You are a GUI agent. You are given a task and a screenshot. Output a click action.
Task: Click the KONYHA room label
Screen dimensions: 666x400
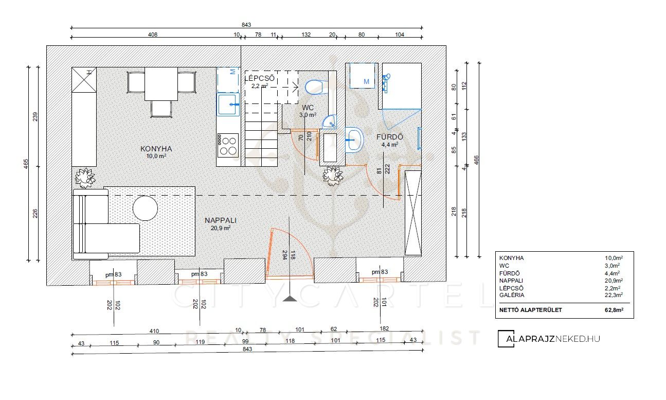(x=156, y=149)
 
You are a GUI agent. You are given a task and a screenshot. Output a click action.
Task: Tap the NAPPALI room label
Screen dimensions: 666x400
(x=221, y=220)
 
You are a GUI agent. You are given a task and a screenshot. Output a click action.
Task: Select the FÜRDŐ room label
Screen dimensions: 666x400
(x=390, y=137)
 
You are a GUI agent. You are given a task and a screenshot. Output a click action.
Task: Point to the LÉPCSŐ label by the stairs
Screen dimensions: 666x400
(x=260, y=79)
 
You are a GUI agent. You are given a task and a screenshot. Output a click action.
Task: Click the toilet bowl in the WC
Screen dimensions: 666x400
(x=314, y=87)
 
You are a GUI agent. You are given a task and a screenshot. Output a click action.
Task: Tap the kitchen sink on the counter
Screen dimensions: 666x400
(x=228, y=105)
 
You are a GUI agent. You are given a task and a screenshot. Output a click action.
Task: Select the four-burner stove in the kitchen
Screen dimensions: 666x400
(x=228, y=145)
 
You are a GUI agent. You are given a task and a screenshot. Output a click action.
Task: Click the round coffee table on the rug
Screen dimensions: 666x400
(x=145, y=208)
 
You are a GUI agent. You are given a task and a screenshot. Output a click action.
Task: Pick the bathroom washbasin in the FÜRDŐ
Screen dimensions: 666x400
(x=354, y=140)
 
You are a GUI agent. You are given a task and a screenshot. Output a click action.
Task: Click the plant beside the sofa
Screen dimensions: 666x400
(x=85, y=178)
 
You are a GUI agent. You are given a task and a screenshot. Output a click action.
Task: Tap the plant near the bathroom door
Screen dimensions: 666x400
(x=333, y=176)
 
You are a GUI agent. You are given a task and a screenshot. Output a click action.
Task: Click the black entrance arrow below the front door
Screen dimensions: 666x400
(x=290, y=299)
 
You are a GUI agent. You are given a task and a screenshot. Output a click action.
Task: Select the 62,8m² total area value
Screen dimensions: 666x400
(x=614, y=310)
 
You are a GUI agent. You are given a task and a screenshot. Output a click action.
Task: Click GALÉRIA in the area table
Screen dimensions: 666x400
(x=512, y=295)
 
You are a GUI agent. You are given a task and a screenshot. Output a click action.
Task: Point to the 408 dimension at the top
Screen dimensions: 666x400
(x=153, y=34)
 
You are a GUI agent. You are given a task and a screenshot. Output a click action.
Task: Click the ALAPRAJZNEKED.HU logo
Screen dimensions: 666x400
(x=549, y=339)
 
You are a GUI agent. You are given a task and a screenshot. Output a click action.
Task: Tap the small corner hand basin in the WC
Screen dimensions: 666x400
(x=330, y=121)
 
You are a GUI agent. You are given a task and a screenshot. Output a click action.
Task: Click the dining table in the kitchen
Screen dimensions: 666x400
(x=161, y=84)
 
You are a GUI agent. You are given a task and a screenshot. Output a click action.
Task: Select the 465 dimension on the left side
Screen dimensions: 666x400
(x=26, y=164)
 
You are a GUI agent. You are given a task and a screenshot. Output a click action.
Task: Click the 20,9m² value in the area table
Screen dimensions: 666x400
(x=614, y=281)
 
